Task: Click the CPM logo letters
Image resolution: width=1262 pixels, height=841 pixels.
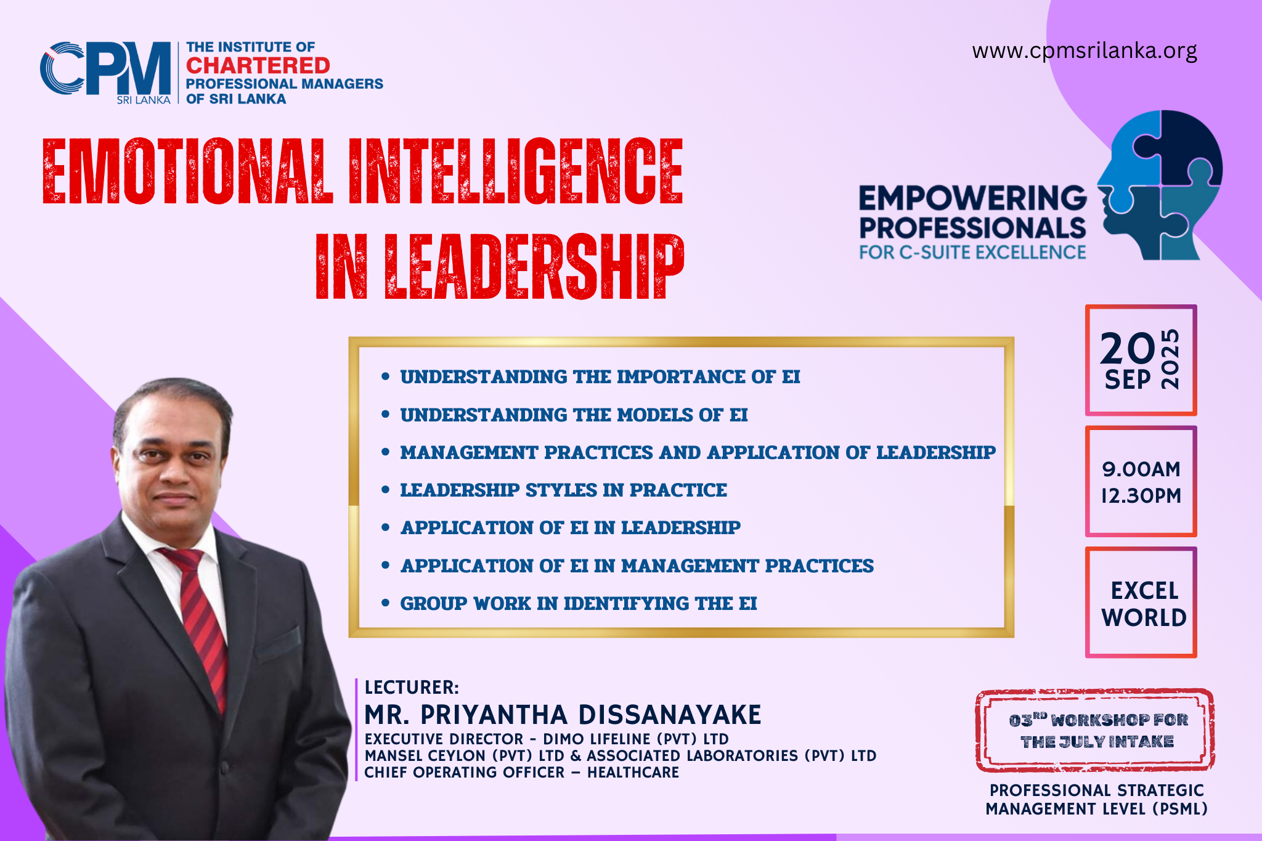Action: pyautogui.click(x=105, y=69)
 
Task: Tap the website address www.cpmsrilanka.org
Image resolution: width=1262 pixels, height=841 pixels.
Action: pyautogui.click(x=1085, y=51)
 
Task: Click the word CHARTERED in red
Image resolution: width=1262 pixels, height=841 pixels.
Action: pyautogui.click(x=258, y=65)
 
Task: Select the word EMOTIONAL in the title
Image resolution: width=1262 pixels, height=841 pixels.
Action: pyautogui.click(x=187, y=171)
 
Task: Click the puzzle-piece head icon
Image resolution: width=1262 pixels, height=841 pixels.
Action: pyautogui.click(x=1159, y=185)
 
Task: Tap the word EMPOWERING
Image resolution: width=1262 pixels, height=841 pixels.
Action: pyautogui.click(x=973, y=198)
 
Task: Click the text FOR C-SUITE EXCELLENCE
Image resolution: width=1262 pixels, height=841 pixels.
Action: pyautogui.click(x=973, y=253)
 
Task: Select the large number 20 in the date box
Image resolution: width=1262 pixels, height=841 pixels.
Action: pyautogui.click(x=1128, y=349)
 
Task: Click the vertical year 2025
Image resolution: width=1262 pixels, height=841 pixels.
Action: pyautogui.click(x=1170, y=359)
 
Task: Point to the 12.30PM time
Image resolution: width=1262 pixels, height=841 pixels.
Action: pyautogui.click(x=1141, y=495)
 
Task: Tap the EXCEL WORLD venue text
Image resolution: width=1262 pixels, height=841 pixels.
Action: pyautogui.click(x=1144, y=604)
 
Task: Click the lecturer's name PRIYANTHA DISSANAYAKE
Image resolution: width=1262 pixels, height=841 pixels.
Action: pyautogui.click(x=591, y=715)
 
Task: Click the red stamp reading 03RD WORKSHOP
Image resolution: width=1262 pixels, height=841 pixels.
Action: pyautogui.click(x=1095, y=731)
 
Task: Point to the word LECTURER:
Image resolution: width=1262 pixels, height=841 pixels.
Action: pyautogui.click(x=412, y=688)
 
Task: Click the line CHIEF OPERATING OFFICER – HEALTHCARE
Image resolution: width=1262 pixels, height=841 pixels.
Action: pyautogui.click(x=521, y=773)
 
